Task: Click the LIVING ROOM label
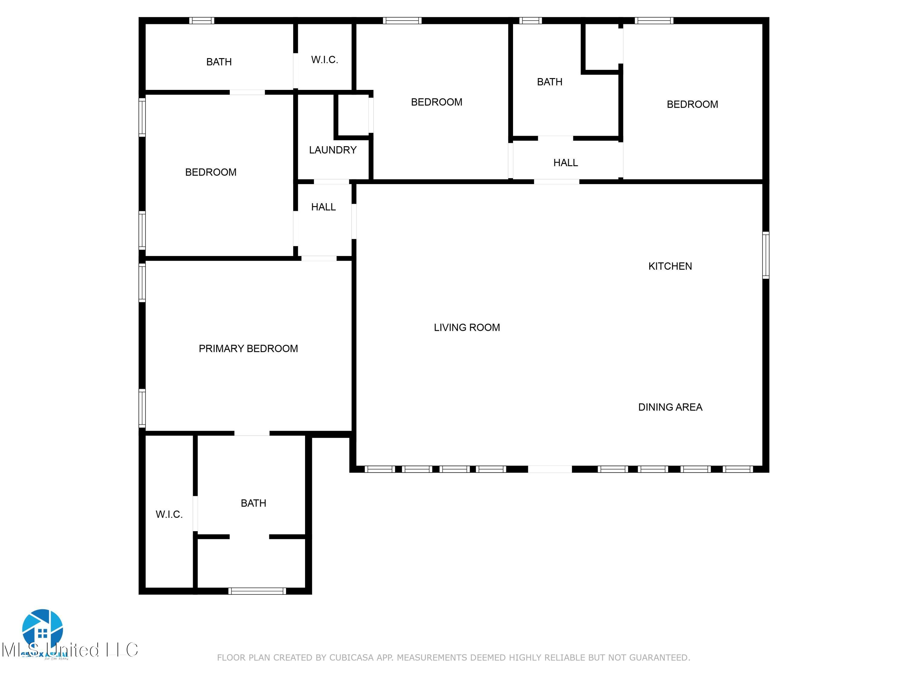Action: coord(467,327)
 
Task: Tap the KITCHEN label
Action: coord(670,266)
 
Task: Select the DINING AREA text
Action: coord(670,407)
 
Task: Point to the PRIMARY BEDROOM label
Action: coord(248,348)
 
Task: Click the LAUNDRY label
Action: coord(333,150)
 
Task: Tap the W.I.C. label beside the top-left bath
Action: coord(324,60)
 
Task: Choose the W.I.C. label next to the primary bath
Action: coord(169,514)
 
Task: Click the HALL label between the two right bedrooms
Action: coord(565,163)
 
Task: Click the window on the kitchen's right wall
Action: coord(765,255)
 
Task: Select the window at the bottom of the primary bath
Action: coord(257,591)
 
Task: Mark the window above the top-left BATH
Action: coord(202,21)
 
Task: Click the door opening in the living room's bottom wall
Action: coord(550,469)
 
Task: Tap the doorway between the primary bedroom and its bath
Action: coord(252,433)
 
